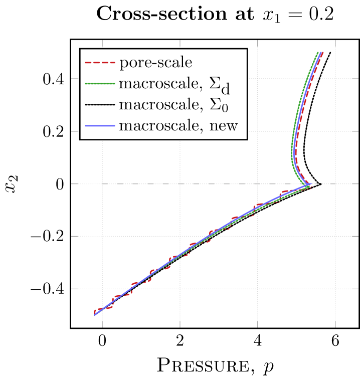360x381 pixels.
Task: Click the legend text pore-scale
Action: [155, 63]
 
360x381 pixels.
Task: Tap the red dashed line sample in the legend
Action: [100, 63]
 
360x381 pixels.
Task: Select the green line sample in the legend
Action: [100, 84]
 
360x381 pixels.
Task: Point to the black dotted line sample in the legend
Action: [100, 105]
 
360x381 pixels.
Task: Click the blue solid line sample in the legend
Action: [100, 125]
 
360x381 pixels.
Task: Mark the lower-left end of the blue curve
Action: [95, 314]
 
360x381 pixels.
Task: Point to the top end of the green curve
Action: [317, 52]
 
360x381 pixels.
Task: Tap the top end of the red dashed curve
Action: [322, 52]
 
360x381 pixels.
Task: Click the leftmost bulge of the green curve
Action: [292, 153]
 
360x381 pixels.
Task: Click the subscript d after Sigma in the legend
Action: [226, 89]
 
